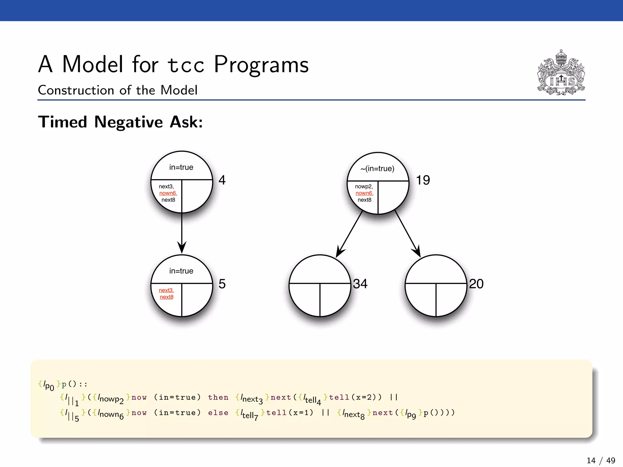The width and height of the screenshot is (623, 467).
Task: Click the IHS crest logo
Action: [x=561, y=73]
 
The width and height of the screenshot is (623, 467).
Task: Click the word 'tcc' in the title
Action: [x=186, y=65]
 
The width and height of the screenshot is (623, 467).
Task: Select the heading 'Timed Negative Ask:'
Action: [x=120, y=122]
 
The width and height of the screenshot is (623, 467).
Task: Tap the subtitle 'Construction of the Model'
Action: [x=117, y=90]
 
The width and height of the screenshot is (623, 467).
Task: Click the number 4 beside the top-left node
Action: [x=222, y=180]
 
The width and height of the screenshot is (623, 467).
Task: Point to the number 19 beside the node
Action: [x=423, y=180]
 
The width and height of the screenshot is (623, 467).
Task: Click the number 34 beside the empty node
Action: [x=360, y=284]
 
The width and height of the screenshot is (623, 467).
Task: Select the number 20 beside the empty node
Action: [x=476, y=284]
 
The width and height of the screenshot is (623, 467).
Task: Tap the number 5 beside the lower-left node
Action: [x=222, y=284]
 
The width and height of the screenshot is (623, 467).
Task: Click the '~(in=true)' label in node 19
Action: [x=377, y=169]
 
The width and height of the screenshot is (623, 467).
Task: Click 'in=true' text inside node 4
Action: [x=181, y=167]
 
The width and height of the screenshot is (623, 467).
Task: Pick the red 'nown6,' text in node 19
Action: [x=364, y=193]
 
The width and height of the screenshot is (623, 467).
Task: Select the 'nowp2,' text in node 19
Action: [x=364, y=186]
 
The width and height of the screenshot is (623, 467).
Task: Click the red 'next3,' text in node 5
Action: [x=166, y=290]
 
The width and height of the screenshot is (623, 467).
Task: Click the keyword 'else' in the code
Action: [x=218, y=413]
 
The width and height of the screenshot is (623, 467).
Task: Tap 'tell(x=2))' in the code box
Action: [x=355, y=397]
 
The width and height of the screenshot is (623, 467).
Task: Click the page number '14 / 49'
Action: [x=601, y=460]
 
